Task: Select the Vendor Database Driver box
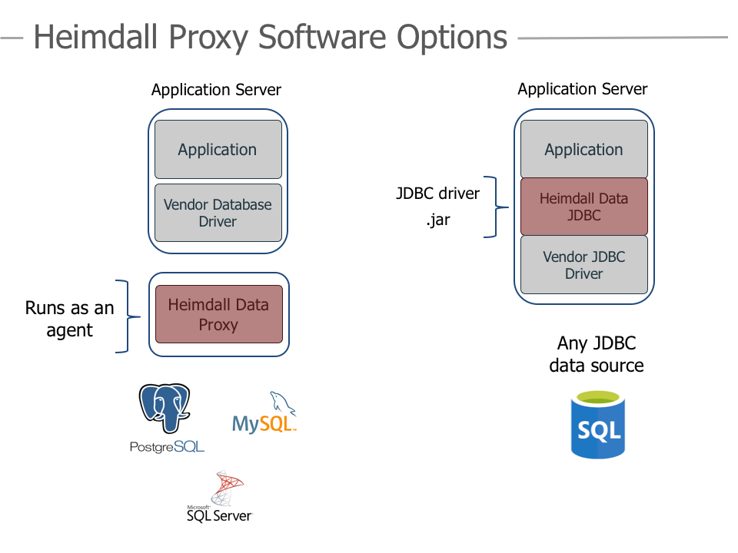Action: coord(218,213)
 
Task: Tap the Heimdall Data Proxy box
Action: coord(218,314)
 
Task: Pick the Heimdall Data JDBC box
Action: coord(583,207)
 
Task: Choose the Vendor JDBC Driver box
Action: coord(583,265)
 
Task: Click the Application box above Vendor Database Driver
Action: coord(218,150)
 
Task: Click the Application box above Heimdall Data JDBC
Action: coord(583,150)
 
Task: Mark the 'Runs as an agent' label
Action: coord(69,319)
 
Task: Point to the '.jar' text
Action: coord(438,220)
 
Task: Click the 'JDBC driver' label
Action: coord(437,194)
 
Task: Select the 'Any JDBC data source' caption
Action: coord(597,354)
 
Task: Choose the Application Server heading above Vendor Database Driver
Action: coord(216,90)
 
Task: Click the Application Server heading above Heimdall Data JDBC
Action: coord(582,89)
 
